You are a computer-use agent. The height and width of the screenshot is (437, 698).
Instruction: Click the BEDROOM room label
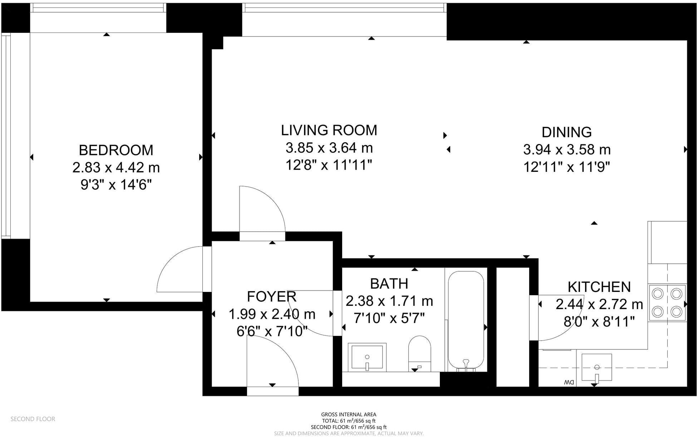point(116,150)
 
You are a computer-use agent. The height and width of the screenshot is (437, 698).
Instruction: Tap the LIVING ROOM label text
point(329,130)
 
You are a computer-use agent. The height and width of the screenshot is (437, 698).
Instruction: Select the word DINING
point(566,132)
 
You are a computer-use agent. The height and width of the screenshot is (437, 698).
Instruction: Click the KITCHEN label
point(599,287)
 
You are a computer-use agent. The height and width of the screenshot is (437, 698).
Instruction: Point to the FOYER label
point(272,297)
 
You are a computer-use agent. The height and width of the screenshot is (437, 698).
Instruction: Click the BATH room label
point(389,284)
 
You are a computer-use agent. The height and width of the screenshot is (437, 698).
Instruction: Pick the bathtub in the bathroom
point(466,321)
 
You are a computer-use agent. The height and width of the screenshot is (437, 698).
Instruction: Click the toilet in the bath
point(420,353)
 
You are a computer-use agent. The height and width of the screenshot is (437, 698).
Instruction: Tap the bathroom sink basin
point(367,357)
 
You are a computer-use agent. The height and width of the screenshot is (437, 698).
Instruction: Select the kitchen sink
point(596,367)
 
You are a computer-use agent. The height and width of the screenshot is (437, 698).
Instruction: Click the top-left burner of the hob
point(658,294)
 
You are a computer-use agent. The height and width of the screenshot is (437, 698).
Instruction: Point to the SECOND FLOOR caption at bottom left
point(33,419)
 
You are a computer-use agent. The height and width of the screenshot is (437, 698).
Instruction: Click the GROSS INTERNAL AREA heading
point(349,414)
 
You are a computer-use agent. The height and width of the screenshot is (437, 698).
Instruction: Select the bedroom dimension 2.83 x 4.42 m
point(116,168)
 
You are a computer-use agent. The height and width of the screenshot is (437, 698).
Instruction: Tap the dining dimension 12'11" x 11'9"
point(566,167)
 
